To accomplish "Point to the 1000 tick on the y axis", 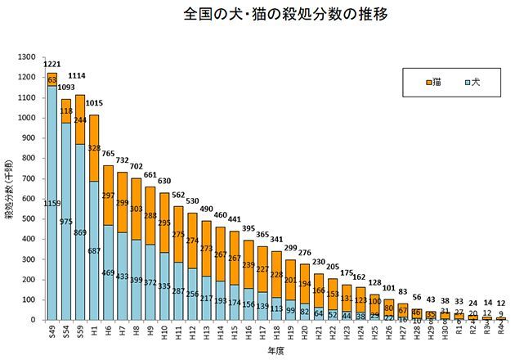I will [x=29, y=118].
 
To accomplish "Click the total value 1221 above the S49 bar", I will [x=51, y=63].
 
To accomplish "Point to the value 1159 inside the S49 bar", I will [x=51, y=203].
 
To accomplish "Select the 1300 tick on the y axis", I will [x=29, y=57].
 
